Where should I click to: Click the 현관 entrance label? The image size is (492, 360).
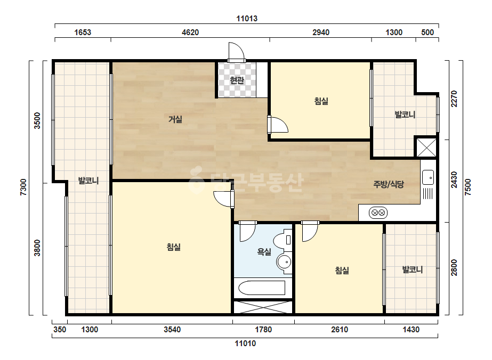pos(237,80)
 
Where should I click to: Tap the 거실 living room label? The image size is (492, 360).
pos(175,119)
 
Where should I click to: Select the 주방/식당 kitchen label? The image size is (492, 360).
pos(389,184)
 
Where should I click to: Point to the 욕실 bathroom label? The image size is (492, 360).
pos(264,251)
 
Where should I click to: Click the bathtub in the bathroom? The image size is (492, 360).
pos(261,288)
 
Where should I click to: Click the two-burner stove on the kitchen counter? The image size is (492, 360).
pos(378,212)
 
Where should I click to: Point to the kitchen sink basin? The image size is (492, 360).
pos(428,177)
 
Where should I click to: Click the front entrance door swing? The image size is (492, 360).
pos(236,51)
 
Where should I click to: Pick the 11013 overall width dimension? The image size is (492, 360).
pos(247,19)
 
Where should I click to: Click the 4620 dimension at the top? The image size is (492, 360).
pos(190,32)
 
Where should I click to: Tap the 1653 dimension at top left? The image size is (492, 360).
pos(83,32)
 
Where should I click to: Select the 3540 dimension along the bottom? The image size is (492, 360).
pos(172,330)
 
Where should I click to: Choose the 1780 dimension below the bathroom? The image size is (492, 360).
pos(263,330)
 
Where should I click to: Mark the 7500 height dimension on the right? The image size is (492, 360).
pos(468,187)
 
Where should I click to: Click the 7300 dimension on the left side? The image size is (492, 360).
pos(23,187)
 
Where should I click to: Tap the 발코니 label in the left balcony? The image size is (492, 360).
pos(88,181)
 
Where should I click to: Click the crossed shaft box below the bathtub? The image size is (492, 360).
pos(263,307)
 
